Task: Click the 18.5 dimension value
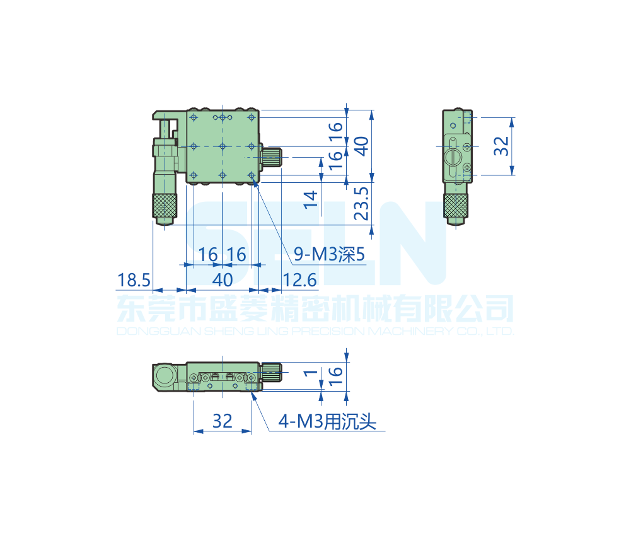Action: point(134,279)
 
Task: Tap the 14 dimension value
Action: point(310,199)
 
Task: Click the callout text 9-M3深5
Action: point(330,255)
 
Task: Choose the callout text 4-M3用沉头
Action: point(327,421)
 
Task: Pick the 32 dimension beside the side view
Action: point(501,146)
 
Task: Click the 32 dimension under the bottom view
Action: point(222,421)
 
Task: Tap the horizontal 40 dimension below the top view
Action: point(223,279)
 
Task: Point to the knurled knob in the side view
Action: point(456,206)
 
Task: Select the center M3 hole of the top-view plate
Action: point(223,146)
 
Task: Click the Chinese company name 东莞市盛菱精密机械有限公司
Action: point(315,309)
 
